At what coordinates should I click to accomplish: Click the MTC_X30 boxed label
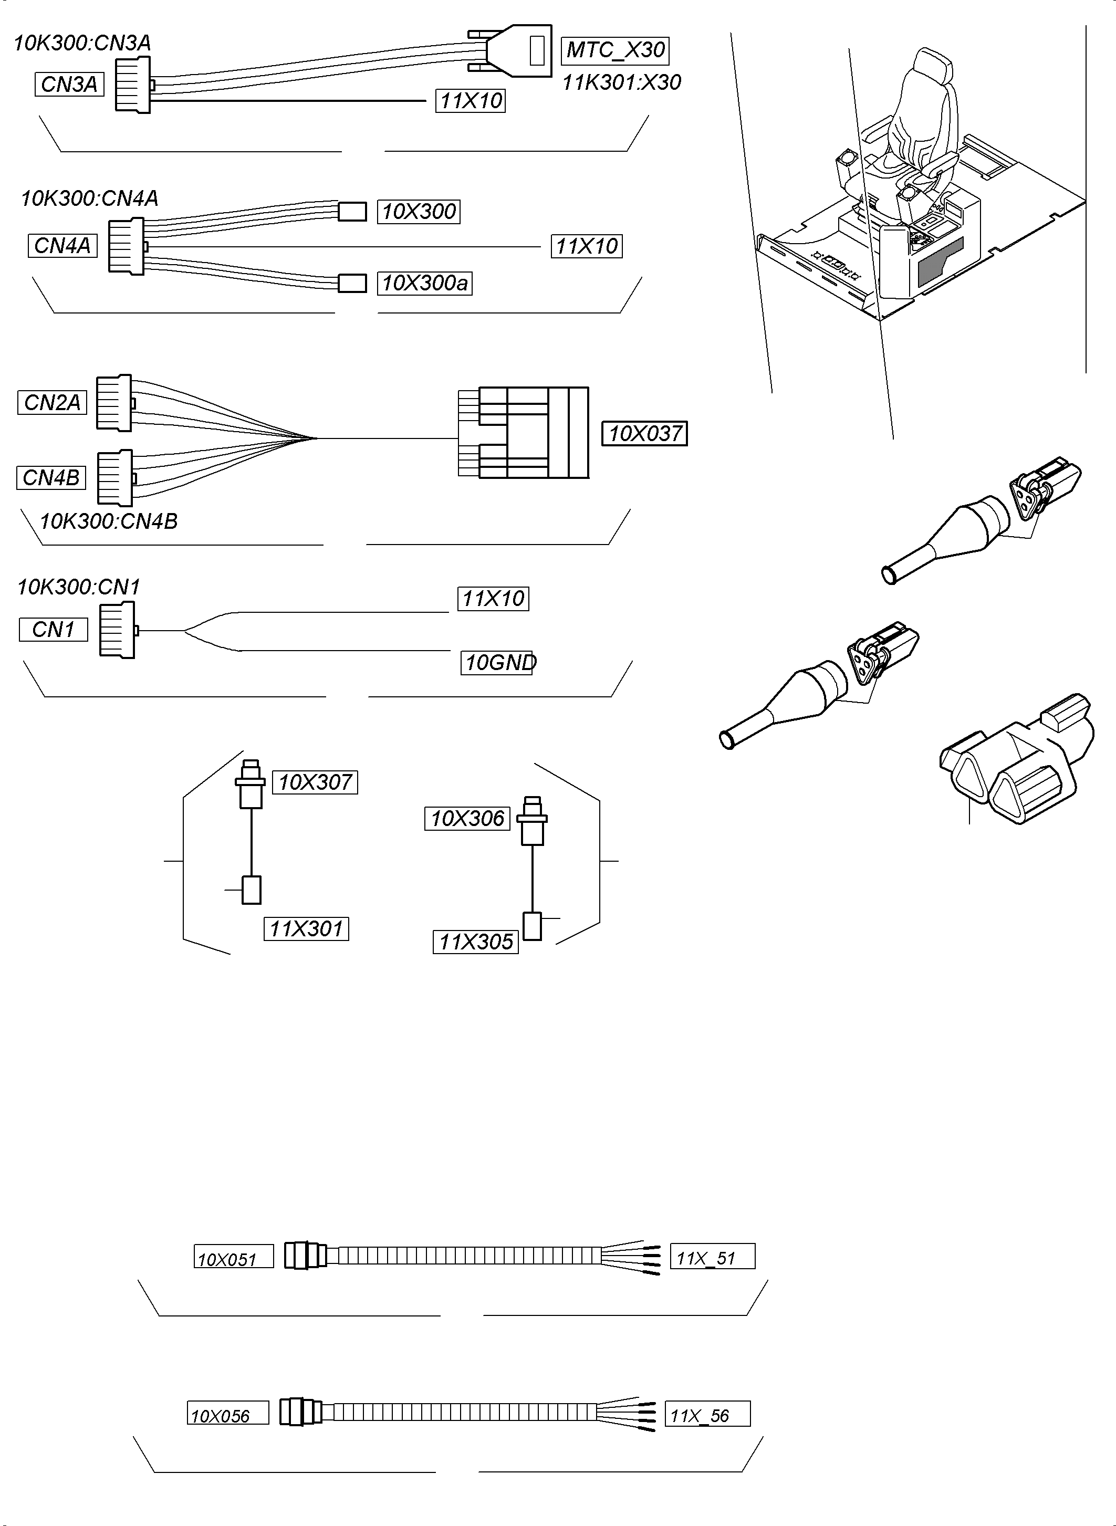pyautogui.click(x=615, y=50)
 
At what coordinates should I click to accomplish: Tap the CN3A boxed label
pyautogui.click(x=69, y=85)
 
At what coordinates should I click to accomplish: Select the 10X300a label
pyautogui.click(x=424, y=283)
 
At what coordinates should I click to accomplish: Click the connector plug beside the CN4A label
pyautogui.click(x=127, y=246)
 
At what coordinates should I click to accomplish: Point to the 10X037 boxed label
pyautogui.click(x=644, y=433)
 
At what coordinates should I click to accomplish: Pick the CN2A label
pyautogui.click(x=52, y=403)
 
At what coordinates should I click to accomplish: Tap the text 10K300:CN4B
pyautogui.click(x=109, y=521)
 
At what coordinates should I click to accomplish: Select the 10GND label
pyautogui.click(x=498, y=663)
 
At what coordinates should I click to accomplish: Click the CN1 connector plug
pyautogui.click(x=117, y=630)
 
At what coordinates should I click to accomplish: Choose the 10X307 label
pyautogui.click(x=315, y=782)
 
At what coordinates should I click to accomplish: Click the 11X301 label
pyautogui.click(x=306, y=929)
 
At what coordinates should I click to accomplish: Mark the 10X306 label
pyautogui.click(x=467, y=819)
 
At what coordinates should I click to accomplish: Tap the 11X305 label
pyautogui.click(x=476, y=942)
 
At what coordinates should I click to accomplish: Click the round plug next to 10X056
pyautogui.click(x=300, y=1413)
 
